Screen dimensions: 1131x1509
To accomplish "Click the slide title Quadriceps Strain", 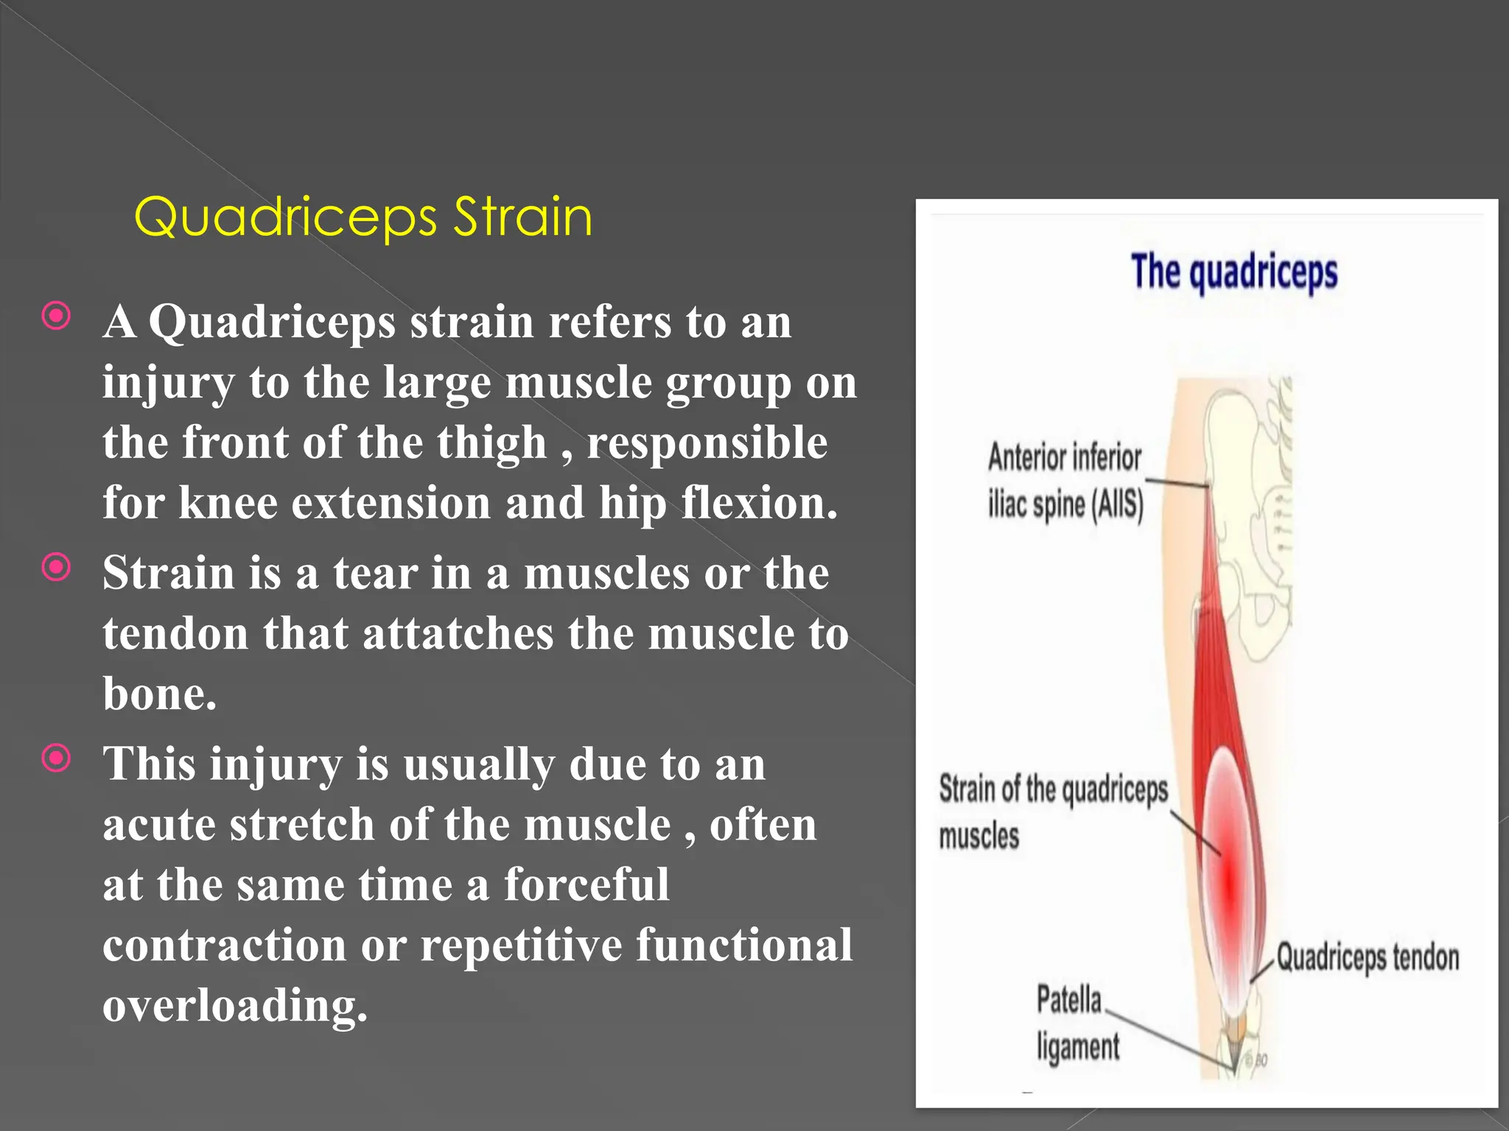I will (x=363, y=217).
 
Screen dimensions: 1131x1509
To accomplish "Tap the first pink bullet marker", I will (x=57, y=317).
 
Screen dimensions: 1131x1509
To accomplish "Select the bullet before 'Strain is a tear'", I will (x=57, y=568).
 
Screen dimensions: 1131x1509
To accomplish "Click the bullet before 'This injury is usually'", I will (x=57, y=758).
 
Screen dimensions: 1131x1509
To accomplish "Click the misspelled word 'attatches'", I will (x=457, y=634).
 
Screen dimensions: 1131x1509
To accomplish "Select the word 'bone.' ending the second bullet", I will (x=160, y=694).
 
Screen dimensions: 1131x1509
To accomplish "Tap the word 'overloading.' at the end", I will (x=234, y=1006).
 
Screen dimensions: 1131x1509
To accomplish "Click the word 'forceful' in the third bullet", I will (x=587, y=885).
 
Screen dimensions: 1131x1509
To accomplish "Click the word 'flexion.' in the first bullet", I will (x=759, y=504).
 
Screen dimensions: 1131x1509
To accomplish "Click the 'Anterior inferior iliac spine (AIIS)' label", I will (x=1065, y=481).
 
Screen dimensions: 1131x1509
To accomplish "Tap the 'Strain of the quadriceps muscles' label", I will (x=1052, y=811).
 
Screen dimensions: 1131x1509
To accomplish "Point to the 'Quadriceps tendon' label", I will (x=1368, y=958).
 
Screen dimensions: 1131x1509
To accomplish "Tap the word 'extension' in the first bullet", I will (x=391, y=504).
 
